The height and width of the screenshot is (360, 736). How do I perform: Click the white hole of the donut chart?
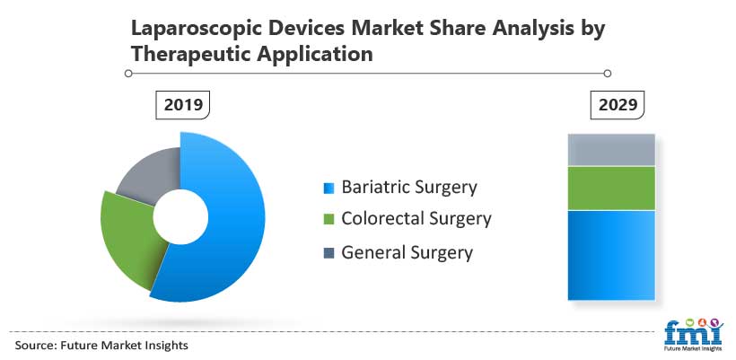180,217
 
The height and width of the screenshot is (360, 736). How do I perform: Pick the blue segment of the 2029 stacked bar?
611,255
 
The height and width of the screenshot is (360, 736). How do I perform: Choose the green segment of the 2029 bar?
611,189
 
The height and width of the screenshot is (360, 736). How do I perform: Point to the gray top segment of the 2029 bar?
611,150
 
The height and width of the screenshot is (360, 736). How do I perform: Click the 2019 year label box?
182,105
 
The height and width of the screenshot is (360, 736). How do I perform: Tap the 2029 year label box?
618,105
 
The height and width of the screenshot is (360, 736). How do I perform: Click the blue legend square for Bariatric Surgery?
329,189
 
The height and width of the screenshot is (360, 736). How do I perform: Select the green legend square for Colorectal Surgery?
329,219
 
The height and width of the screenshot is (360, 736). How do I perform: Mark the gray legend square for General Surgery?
329,253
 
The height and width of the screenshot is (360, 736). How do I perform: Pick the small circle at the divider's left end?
128,74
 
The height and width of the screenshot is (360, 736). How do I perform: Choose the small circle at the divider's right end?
608,74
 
